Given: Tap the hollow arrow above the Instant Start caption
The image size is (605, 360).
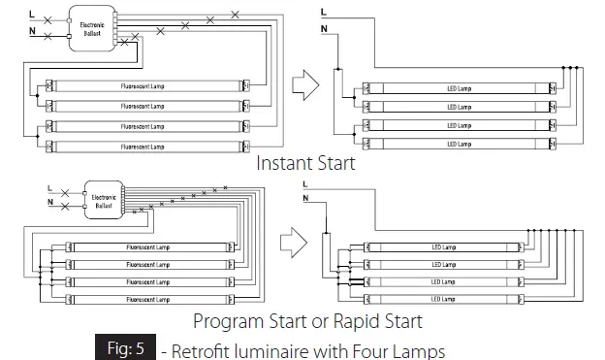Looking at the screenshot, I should point(307,86).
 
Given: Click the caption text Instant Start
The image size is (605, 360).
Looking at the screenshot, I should point(305,163).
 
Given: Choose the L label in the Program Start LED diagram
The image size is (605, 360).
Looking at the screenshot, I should point(305,184).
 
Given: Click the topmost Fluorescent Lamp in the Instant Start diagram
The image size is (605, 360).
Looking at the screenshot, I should point(142,86).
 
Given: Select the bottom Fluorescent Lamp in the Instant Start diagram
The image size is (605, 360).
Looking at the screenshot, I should point(142,146).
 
